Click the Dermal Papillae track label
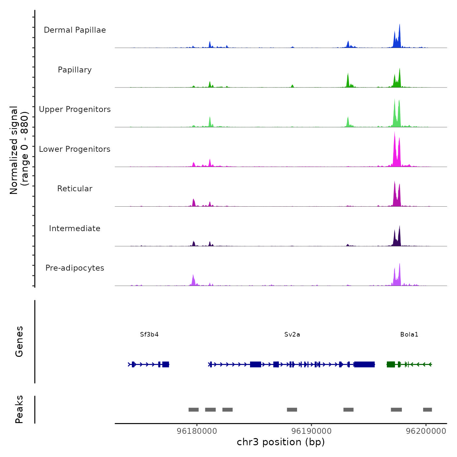tap(75, 30)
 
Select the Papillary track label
tap(75, 70)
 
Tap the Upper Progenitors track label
tap(75, 109)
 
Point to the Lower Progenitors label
tap(75, 149)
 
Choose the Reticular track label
tap(75, 189)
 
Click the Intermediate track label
tap(75, 228)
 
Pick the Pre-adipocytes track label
tap(75, 268)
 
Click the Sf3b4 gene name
tap(149, 335)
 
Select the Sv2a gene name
tap(292, 335)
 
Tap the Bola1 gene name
tap(409, 335)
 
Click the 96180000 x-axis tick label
tap(197, 431)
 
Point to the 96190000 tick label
tap(311, 431)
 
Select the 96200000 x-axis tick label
tap(426, 431)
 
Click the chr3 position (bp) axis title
tap(281, 442)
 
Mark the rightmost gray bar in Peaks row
tap(427, 410)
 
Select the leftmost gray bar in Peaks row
tap(194, 410)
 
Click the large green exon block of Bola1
tap(391, 364)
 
